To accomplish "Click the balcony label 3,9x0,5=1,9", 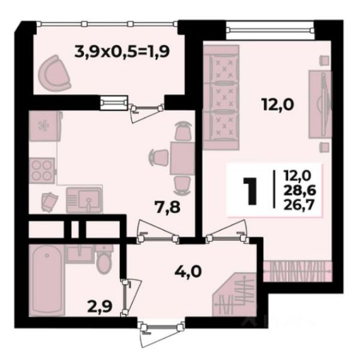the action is [x=122, y=52].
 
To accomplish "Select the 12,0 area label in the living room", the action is [x=278, y=105].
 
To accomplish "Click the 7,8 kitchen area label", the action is [x=167, y=207].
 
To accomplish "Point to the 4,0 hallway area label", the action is [x=188, y=272].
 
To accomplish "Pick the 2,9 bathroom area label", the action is [x=100, y=306].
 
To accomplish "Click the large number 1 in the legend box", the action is [x=249, y=191].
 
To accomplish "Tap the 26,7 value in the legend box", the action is [x=299, y=205].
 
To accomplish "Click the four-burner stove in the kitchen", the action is [x=42, y=171].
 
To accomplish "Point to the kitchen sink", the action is [x=84, y=200].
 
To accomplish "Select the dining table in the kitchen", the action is [x=183, y=158].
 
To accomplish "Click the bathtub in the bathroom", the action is [x=47, y=280].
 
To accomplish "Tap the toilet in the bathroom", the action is [x=104, y=259].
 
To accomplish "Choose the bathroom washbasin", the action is [x=80, y=253].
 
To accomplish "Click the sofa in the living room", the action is [x=221, y=97].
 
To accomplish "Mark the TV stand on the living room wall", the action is [x=320, y=104].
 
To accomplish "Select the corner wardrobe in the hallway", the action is [x=236, y=295].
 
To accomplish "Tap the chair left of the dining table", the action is [x=159, y=157].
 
